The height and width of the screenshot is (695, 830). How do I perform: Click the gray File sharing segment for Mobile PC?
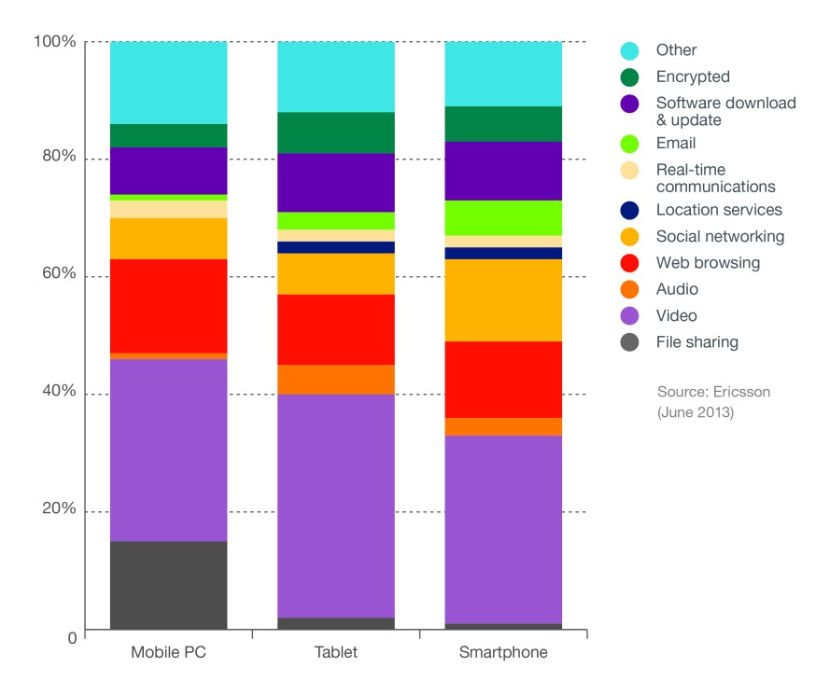click(168, 585)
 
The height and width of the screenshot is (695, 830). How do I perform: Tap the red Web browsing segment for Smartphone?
click(503, 379)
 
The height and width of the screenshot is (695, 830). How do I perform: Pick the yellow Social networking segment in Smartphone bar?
click(503, 299)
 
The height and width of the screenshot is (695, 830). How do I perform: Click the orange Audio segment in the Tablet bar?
click(336, 379)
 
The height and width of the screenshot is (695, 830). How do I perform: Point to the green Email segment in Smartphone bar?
click(503, 217)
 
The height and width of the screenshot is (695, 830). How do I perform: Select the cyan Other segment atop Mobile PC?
click(168, 82)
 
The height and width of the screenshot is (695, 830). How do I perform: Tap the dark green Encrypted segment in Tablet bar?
click(336, 132)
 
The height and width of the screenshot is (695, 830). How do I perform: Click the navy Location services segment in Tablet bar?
click(336, 247)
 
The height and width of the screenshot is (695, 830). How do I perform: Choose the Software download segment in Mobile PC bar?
click(168, 171)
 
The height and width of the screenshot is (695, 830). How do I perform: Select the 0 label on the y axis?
click(71, 637)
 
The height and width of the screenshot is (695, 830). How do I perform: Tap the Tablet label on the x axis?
click(336, 653)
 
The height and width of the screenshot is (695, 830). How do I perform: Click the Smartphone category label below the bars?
click(503, 653)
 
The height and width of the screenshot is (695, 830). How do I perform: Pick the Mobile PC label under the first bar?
click(168, 653)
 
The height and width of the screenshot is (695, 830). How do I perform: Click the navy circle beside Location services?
click(630, 211)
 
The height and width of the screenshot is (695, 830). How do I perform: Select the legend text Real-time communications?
click(715, 177)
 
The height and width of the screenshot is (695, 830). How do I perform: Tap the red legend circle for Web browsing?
click(630, 263)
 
